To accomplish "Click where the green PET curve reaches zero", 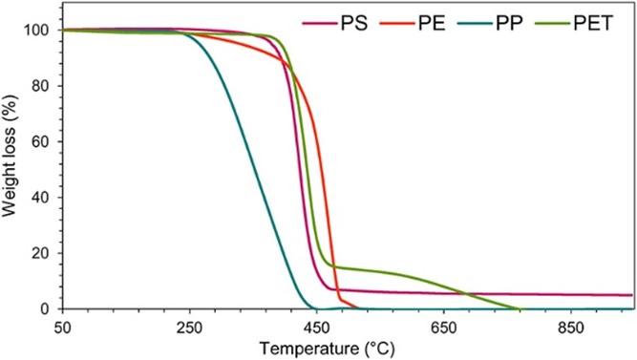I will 520,308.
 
